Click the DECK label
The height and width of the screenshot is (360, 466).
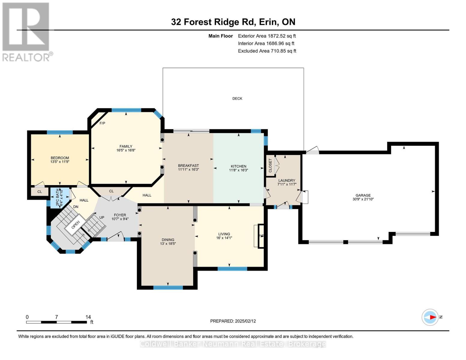pos(237,99)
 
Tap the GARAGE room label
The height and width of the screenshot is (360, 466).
pos(363,195)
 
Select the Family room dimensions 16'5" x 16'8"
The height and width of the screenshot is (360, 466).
pos(126,150)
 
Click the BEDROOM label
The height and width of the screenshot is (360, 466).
pos(60,158)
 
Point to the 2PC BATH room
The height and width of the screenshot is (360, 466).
pos(60,198)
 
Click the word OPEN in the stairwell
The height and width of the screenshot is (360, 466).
pos(76,225)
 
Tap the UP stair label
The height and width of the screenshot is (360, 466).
pos(102,217)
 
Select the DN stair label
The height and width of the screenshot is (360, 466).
pos(76,207)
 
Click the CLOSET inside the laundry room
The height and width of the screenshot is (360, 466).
pos(270,166)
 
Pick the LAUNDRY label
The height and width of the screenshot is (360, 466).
pos(287,181)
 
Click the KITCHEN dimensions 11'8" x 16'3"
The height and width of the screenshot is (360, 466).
pos(239,170)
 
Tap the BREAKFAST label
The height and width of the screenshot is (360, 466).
pos(188,166)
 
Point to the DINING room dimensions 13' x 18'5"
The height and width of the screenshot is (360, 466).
pos(168,244)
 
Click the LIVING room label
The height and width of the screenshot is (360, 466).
pos(224,234)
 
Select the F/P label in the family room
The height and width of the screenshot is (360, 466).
pos(102,123)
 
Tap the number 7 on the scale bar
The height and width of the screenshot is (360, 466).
pos(56,317)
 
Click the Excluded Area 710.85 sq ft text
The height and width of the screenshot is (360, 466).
pos(267,51)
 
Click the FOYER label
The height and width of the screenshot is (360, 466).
pos(120,215)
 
